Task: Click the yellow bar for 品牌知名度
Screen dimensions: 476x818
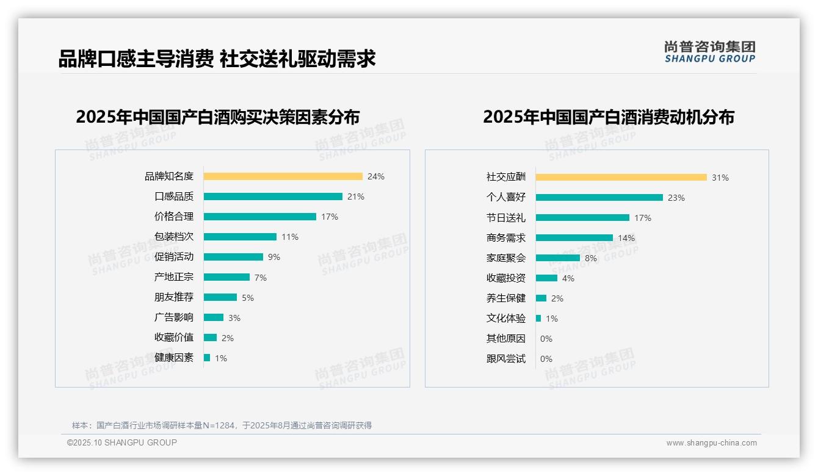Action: [x=283, y=176]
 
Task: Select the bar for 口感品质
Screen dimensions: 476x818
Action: [x=273, y=197]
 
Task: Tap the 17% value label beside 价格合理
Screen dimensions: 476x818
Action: [x=330, y=217]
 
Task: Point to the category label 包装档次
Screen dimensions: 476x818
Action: [x=173, y=237]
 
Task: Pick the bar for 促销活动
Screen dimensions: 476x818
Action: [x=233, y=257]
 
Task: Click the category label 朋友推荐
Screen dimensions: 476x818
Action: [x=173, y=297]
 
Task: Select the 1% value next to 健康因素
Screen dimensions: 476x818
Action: [x=220, y=358]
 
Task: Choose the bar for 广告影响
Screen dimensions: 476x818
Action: [x=214, y=317]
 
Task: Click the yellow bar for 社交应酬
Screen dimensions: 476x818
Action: [x=621, y=178]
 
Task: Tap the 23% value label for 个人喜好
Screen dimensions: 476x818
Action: [x=676, y=198]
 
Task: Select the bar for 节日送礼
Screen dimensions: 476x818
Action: [x=582, y=218]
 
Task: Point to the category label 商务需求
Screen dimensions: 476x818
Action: [x=505, y=238]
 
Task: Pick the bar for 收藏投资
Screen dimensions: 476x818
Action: [x=546, y=278]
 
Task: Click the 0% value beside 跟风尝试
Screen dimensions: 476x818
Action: [x=546, y=359]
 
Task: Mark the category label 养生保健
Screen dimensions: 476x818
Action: [x=505, y=298]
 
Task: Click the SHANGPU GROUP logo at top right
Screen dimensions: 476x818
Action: [x=709, y=52]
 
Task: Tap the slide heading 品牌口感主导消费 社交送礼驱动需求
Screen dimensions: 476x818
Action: [x=217, y=59]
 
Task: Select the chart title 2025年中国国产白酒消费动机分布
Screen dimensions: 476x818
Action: [x=608, y=117]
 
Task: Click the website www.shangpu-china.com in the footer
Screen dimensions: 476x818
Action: [x=711, y=443]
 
